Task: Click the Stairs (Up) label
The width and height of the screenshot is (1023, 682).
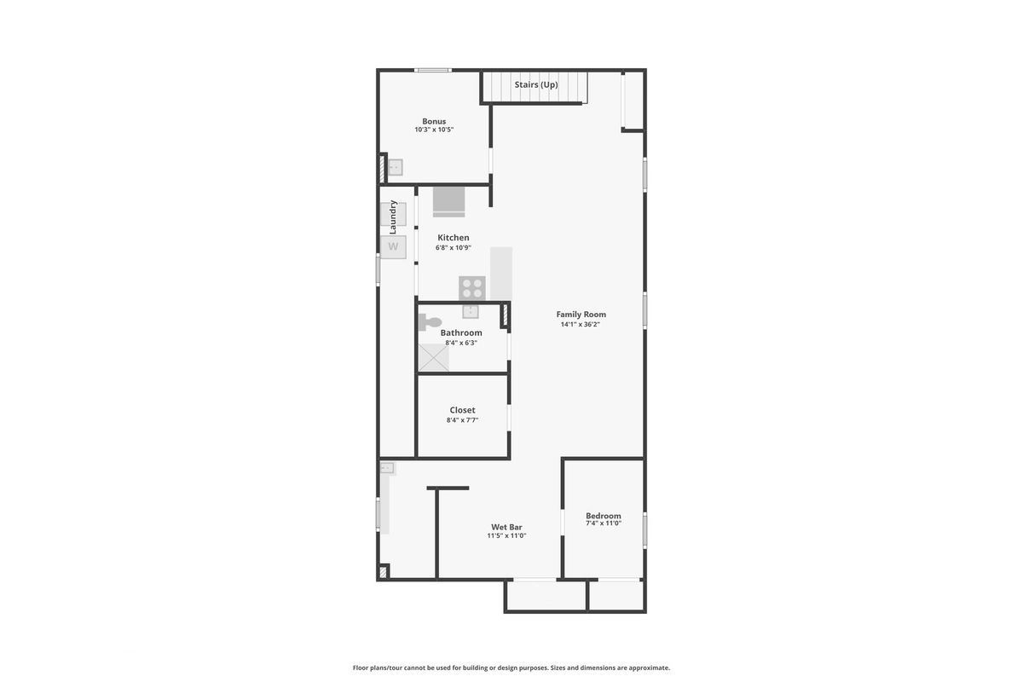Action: pyautogui.click(x=536, y=85)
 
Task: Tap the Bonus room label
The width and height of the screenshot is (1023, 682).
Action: pyautogui.click(x=434, y=121)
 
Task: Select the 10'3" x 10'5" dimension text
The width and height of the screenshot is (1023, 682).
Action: pyautogui.click(x=434, y=130)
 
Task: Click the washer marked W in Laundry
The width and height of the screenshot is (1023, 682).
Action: pyautogui.click(x=393, y=247)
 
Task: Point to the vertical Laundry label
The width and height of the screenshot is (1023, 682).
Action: pyautogui.click(x=392, y=217)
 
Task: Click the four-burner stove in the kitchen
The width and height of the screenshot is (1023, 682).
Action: pyautogui.click(x=472, y=288)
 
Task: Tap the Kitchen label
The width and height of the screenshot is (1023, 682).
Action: pyautogui.click(x=453, y=238)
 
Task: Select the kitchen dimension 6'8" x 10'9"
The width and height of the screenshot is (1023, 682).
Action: pyautogui.click(x=453, y=247)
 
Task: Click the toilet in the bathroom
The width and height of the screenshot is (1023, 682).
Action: pyautogui.click(x=430, y=322)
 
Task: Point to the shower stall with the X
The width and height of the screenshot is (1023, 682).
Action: pyautogui.click(x=433, y=358)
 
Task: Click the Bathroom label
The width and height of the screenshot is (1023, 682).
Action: pyautogui.click(x=461, y=332)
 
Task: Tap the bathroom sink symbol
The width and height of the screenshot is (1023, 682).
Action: pyautogui.click(x=471, y=311)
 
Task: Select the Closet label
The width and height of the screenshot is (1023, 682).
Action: pyautogui.click(x=462, y=410)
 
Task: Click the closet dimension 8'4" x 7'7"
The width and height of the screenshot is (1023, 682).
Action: pyautogui.click(x=462, y=419)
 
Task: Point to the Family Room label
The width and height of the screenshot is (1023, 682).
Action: pyautogui.click(x=581, y=315)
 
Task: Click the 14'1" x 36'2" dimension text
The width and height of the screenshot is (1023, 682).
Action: pyautogui.click(x=580, y=324)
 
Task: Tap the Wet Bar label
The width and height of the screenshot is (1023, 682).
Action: pyautogui.click(x=506, y=527)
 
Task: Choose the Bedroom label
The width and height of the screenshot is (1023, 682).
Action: pyautogui.click(x=604, y=516)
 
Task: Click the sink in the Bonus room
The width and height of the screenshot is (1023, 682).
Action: pyautogui.click(x=395, y=167)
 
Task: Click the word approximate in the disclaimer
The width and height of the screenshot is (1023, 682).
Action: pyautogui.click(x=649, y=668)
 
